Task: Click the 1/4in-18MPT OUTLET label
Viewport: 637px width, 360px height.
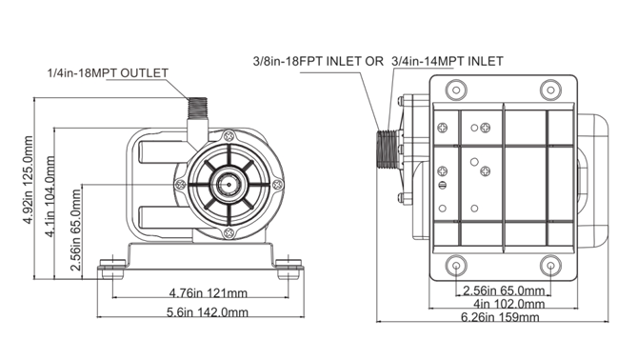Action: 108,73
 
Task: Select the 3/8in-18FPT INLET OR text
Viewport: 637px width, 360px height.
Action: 318,61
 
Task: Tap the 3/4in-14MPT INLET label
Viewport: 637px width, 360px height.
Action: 448,61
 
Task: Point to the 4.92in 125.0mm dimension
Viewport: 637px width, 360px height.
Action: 28,180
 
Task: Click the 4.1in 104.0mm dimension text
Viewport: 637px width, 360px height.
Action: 50,196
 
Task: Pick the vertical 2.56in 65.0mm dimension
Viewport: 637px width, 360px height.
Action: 75,230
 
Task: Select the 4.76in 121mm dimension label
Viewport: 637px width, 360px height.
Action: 208,292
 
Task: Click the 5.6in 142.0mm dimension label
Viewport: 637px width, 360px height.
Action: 208,312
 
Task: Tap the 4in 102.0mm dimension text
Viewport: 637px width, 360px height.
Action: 509,304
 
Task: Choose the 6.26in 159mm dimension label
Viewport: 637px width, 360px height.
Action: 500,317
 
